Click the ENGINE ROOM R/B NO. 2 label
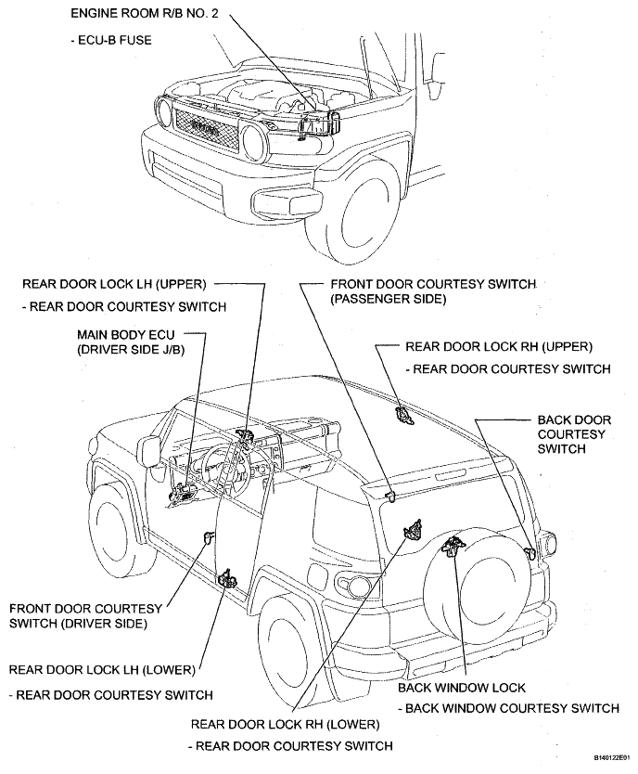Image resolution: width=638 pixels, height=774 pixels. (145, 13)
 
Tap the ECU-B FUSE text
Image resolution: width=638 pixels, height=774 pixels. (111, 40)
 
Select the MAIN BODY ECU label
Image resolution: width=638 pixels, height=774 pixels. (126, 335)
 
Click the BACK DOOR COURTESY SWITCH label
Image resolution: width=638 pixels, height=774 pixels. (574, 434)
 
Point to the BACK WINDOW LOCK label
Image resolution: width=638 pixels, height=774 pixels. (462, 688)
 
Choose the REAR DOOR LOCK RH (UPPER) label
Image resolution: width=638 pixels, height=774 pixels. (499, 346)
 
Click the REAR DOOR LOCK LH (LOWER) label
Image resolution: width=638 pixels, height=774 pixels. (102, 670)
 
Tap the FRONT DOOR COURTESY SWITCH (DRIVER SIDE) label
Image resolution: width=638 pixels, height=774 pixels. (86, 616)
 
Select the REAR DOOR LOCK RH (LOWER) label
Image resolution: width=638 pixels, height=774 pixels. (286, 725)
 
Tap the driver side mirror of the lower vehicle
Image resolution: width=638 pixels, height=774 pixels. (148, 451)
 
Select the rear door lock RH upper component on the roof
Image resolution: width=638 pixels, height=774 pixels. (402, 415)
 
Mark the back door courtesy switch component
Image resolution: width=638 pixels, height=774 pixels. (530, 552)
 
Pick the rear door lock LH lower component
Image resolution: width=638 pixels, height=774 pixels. (227, 578)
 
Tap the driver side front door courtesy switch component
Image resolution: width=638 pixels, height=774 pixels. (209, 536)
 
